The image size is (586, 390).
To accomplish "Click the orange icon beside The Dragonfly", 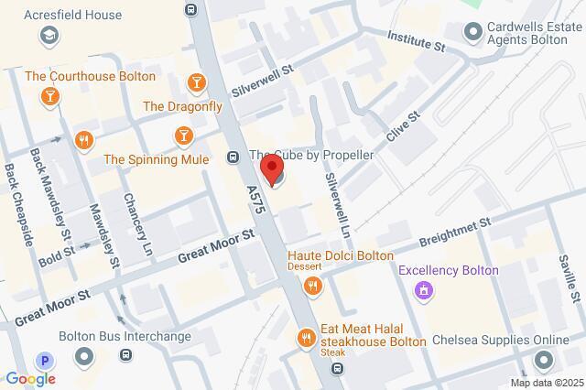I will [195, 84].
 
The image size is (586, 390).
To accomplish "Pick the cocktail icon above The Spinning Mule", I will [182, 136].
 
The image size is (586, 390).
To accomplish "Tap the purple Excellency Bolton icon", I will [423, 291].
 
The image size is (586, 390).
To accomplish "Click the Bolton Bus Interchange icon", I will [85, 356].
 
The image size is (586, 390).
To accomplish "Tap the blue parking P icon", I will [41, 360].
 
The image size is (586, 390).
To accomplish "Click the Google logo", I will [30, 378].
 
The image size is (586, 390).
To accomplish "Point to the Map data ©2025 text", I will [548, 382].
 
